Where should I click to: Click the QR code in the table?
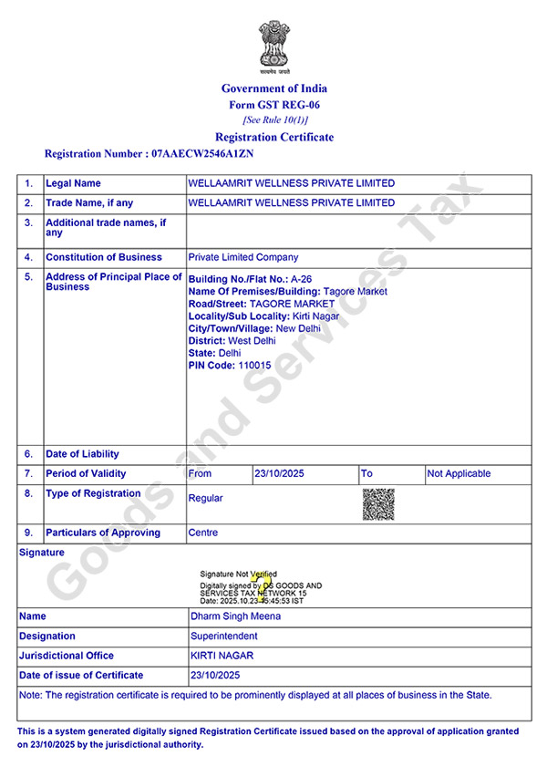point(378,503)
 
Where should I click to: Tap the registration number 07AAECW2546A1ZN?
point(201,154)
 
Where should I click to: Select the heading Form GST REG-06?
point(274,105)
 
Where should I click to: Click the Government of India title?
point(273,88)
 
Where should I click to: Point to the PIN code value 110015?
point(254,365)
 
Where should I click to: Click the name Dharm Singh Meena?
point(235,616)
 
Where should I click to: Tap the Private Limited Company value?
point(243,257)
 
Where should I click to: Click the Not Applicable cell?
point(459,473)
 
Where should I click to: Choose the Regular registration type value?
point(205,498)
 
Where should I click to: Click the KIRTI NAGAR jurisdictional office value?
point(222,656)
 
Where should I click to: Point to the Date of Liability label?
point(82,454)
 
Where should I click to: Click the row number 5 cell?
point(29,276)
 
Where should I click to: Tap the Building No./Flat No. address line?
point(250,279)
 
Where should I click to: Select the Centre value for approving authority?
point(202,533)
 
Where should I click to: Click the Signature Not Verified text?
point(239,574)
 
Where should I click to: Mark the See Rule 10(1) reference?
point(274,120)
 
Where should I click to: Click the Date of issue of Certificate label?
point(81,675)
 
